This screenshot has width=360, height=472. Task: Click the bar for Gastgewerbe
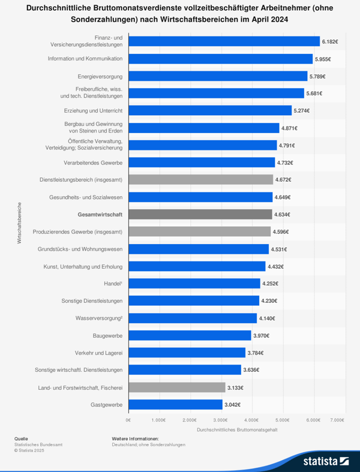coord(175,404)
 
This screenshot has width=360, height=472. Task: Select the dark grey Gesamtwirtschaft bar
coord(200,214)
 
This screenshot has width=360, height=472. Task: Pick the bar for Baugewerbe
coord(190,335)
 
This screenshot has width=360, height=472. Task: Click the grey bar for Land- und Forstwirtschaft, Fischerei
coord(177,387)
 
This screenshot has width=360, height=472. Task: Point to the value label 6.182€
coord(330,42)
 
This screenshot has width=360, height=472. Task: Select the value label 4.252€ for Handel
coord(270,284)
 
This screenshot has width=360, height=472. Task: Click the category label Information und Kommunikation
coord(85,59)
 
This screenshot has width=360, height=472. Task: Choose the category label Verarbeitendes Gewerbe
coord(93,163)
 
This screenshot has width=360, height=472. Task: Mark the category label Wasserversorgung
coord(99,318)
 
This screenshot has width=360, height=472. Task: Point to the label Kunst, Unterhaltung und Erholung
coord(83,266)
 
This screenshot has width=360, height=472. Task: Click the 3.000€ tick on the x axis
coord(220,420)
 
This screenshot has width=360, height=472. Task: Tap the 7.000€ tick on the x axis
coord(337,420)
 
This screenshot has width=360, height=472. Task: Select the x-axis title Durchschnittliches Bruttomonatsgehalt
coord(237,430)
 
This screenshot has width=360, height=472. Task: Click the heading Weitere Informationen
coord(135,438)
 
